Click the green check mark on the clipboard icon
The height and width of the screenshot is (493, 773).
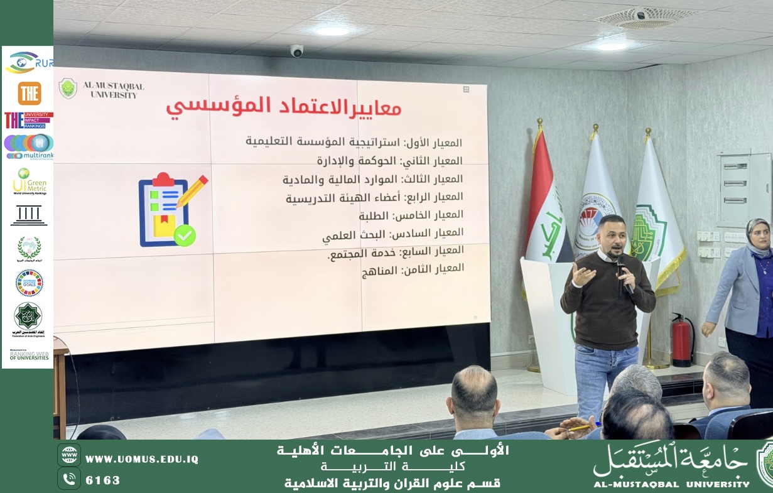[185, 236]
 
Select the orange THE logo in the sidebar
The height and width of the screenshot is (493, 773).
[29, 94]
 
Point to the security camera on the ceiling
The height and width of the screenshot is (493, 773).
[296, 51]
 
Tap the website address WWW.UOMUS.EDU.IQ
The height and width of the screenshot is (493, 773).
[141, 459]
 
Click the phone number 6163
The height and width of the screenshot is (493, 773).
[102, 480]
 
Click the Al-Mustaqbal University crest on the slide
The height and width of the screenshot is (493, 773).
[68, 89]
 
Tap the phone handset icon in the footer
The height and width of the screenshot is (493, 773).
[69, 479]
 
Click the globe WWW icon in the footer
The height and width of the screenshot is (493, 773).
[69, 455]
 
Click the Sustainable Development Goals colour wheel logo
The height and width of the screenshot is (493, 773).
[29, 283]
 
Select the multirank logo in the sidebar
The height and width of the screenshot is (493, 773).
[29, 146]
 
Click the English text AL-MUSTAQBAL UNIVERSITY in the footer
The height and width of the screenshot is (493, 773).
[671, 484]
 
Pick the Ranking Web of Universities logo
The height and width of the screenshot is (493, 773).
[29, 355]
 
